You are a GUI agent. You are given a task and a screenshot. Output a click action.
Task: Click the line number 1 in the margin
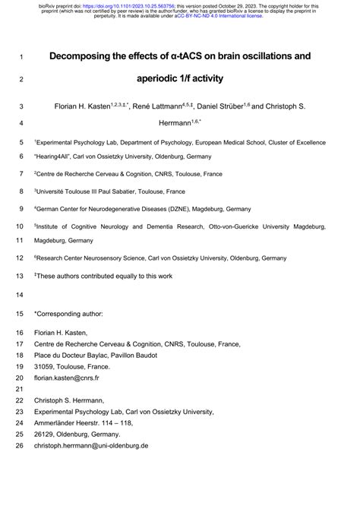point(21,57)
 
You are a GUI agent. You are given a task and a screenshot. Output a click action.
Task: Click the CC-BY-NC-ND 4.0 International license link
point(219,16)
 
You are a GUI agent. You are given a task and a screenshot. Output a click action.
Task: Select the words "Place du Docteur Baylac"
point(77,354)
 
